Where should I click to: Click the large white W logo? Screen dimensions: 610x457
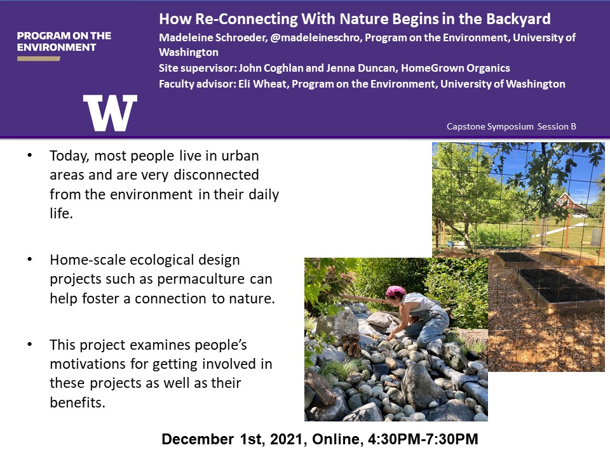pyautogui.click(x=110, y=113)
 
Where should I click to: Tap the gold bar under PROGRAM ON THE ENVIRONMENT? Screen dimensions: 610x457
pyautogui.click(x=39, y=58)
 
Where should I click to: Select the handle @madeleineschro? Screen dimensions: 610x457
pyautogui.click(x=315, y=37)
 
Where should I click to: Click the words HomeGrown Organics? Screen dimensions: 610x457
pyautogui.click(x=455, y=68)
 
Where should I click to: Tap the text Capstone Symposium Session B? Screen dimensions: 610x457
pyautogui.click(x=511, y=126)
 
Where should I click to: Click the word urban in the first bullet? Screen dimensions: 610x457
pyautogui.click(x=240, y=156)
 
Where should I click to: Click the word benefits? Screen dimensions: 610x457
pyautogui.click(x=78, y=402)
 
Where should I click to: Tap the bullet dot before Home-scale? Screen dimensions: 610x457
pyautogui.click(x=30, y=259)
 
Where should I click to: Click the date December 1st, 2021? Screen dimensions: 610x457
pyautogui.click(x=232, y=439)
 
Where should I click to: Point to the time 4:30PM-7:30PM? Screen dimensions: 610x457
pyautogui.click(x=423, y=439)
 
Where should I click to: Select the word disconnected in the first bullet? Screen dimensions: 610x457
pyautogui.click(x=216, y=175)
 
